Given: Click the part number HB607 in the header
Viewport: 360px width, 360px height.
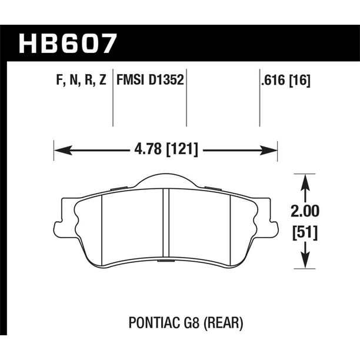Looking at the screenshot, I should pyautogui.click(x=69, y=43).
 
